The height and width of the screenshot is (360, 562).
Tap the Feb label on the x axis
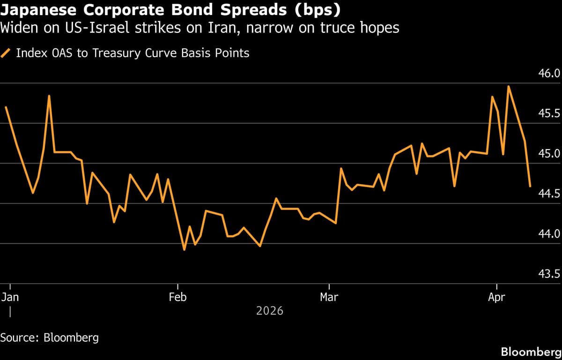click(x=177, y=297)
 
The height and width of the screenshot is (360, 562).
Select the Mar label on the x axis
click(x=330, y=297)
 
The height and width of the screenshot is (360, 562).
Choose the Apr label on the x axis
click(x=496, y=297)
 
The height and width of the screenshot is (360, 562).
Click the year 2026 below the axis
click(x=270, y=310)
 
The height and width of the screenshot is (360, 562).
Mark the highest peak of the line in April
click(x=508, y=86)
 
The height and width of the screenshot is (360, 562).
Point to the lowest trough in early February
click(x=184, y=250)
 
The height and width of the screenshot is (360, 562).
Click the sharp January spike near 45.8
click(x=49, y=96)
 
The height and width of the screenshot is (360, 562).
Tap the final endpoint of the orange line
click(x=530, y=187)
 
